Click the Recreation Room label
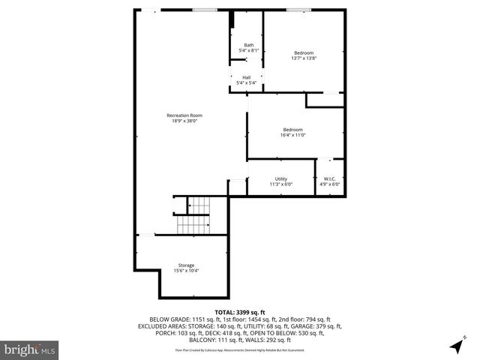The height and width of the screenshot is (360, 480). click(x=184, y=115)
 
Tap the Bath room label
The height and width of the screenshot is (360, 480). click(x=247, y=46)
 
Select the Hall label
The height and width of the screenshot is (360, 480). click(x=247, y=77)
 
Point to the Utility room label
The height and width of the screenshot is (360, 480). click(x=281, y=178)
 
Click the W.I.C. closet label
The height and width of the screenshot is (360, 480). click(x=330, y=178)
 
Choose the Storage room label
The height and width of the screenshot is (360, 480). click(x=186, y=265)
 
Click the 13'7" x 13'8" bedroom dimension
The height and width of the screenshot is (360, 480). click(x=304, y=58)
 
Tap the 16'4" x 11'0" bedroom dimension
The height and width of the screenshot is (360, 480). click(x=292, y=135)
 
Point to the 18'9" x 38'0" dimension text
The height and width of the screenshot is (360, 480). click(x=184, y=121)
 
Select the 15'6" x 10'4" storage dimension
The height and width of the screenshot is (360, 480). click(x=186, y=271)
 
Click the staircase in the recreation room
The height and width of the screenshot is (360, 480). click(x=196, y=214)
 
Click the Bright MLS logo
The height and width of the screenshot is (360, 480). click(x=30, y=349)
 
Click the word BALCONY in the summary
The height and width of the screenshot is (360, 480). click(x=197, y=340)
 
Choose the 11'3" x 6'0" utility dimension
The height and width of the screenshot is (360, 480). click(x=281, y=184)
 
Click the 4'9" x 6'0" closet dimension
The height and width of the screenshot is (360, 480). click(x=330, y=184)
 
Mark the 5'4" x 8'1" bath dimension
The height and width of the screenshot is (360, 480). click(x=247, y=51)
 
